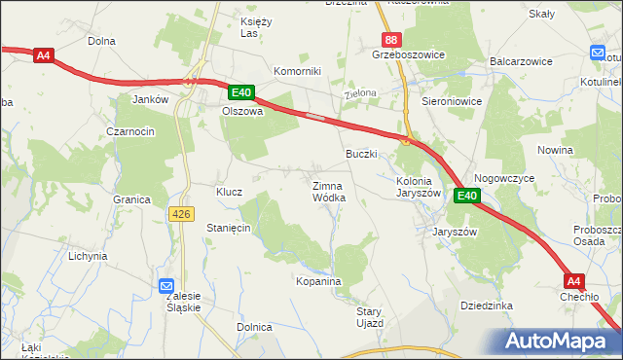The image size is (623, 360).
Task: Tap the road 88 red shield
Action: pos(390,39)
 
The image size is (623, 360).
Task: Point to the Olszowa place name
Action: pos(243,111)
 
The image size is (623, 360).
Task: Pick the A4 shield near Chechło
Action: pos(574,280)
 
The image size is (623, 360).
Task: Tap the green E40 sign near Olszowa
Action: pos(241,92)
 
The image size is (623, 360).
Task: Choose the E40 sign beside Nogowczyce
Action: pos(467,196)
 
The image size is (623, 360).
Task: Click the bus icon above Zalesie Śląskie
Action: pos(166,285)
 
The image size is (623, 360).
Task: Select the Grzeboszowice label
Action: pos(408,55)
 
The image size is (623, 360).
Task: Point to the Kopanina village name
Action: pos(318,281)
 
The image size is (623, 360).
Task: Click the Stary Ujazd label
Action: pos(370,316)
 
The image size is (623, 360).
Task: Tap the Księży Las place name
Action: pos(254,27)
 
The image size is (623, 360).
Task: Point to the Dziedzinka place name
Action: pos(487,305)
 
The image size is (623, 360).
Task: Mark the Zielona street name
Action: pos(360,94)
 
